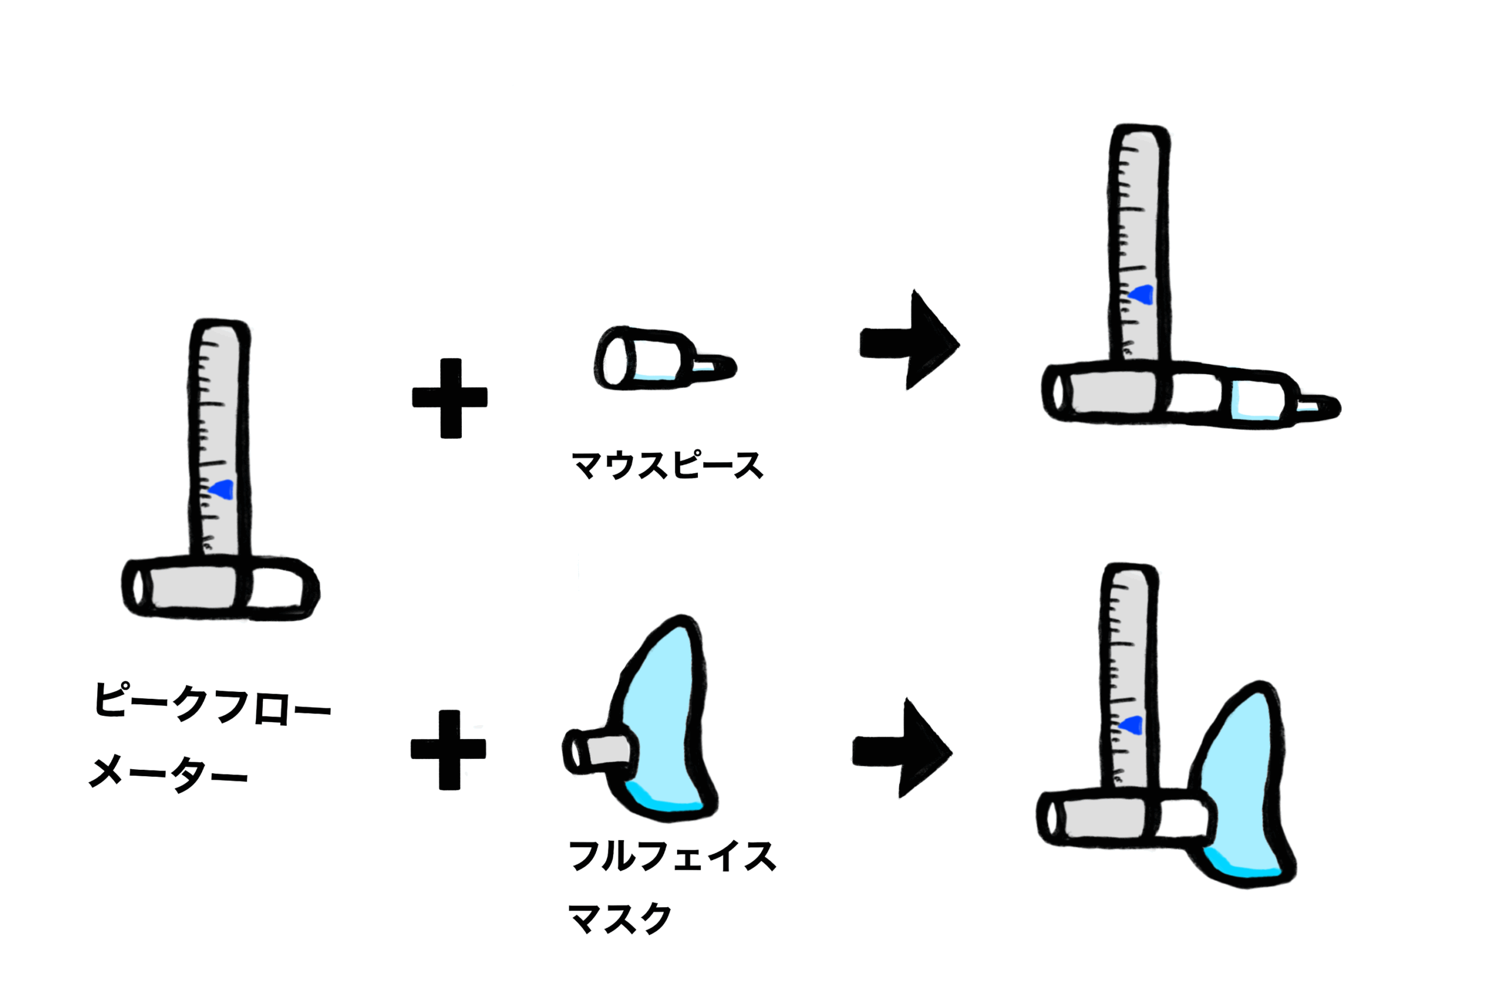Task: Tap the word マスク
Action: coord(619,918)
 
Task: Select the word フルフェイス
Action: coord(672,856)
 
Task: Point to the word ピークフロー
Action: coord(212,702)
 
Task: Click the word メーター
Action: coord(168,772)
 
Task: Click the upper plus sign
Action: coord(450,398)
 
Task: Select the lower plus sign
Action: coord(448,750)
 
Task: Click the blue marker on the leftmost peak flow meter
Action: coord(223,490)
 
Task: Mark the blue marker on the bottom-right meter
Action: coord(1131,725)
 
